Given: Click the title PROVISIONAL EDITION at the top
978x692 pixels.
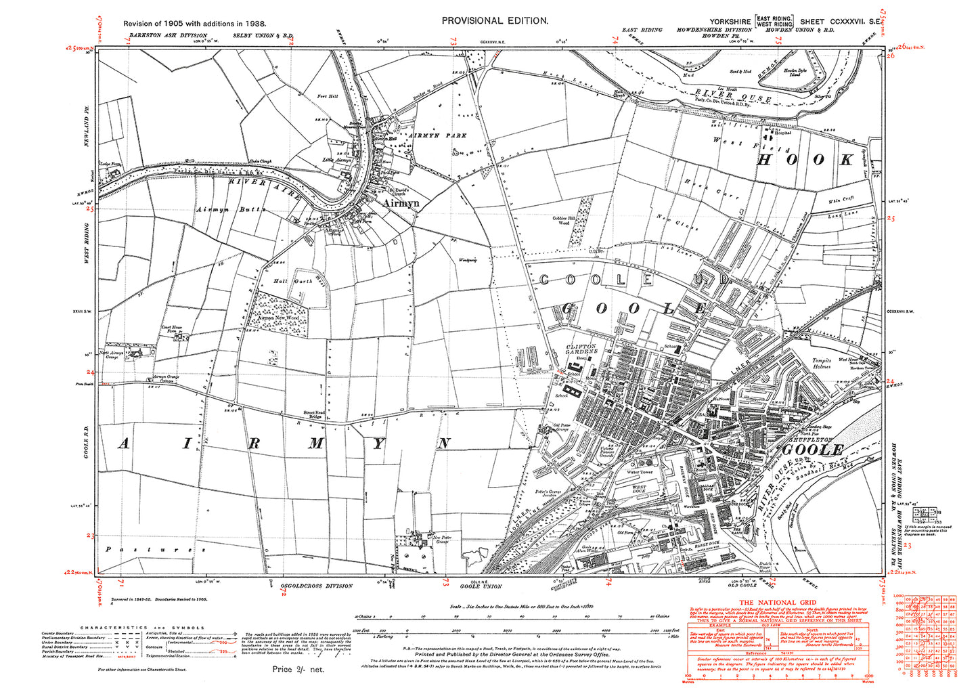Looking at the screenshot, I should click(495, 20).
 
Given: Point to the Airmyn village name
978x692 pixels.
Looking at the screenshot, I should click(401, 202).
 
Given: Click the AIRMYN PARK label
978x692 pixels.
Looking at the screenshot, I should click(425, 135).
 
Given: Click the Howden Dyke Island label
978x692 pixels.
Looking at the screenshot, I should click(795, 73).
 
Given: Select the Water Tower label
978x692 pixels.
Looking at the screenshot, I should click(640, 472).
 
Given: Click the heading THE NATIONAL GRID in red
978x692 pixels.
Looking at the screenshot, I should click(777, 603).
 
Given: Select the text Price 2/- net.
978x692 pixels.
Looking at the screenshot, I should click(298, 669).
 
